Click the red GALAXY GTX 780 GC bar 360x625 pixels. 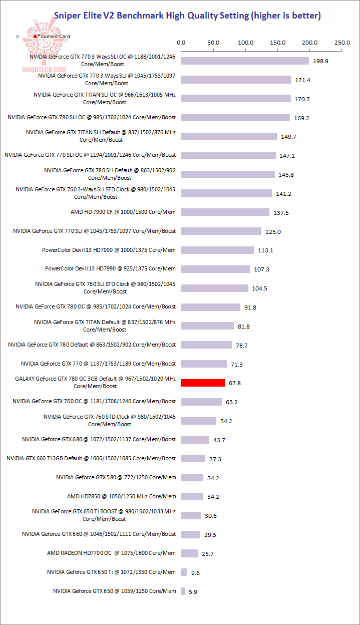coord(203,383)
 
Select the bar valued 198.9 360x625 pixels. coord(245,61)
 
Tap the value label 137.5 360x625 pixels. coord(281,213)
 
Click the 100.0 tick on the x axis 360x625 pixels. coord(245,43)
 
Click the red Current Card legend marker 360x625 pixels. coord(35,37)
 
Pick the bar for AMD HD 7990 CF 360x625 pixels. coord(225,212)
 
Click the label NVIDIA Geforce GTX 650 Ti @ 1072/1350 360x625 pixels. coord(111,572)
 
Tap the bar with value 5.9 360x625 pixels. coord(183,591)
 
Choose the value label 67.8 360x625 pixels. coord(235,384)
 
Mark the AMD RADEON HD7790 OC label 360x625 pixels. coord(111,553)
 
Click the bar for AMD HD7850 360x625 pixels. coord(192,497)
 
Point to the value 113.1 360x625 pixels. coord(265,251)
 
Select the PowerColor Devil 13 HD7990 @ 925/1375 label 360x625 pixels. coord(110,268)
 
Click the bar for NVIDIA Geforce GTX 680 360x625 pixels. coord(195,440)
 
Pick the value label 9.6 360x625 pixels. coord(195,572)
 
